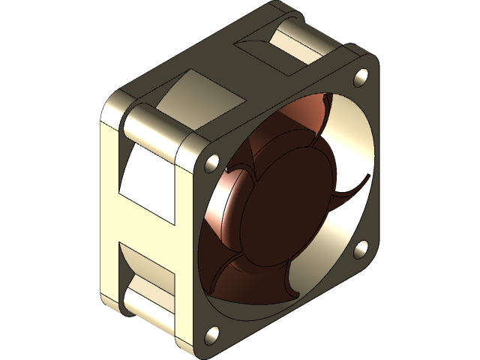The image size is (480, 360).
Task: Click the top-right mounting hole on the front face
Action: (x=361, y=75)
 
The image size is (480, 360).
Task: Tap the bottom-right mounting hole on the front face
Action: (x=361, y=248)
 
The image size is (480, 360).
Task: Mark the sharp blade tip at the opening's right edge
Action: (x=368, y=177)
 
